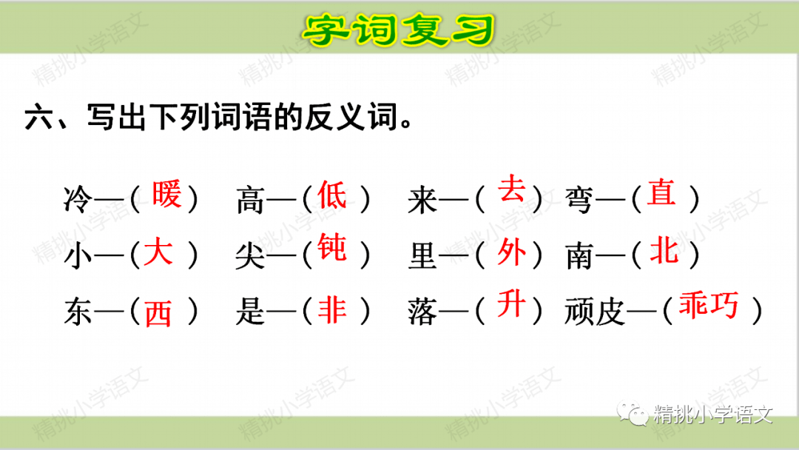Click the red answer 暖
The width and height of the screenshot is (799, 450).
[x=166, y=195]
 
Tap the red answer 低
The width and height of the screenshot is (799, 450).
[x=332, y=195]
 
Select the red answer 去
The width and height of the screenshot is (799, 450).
[x=512, y=190]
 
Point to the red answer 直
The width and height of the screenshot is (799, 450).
[x=662, y=193]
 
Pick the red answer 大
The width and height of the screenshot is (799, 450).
[x=158, y=252]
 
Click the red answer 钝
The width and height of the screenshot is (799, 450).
[x=332, y=247]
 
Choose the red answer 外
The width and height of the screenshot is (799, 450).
[x=512, y=252]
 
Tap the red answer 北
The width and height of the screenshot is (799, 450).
[x=664, y=252]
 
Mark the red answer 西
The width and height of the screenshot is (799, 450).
[x=158, y=314]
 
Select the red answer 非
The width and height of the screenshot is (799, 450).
[x=332, y=310]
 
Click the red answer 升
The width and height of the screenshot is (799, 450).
[x=512, y=304]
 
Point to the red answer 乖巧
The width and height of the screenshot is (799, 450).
[x=709, y=306]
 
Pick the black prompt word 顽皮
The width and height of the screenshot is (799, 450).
[x=592, y=313]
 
